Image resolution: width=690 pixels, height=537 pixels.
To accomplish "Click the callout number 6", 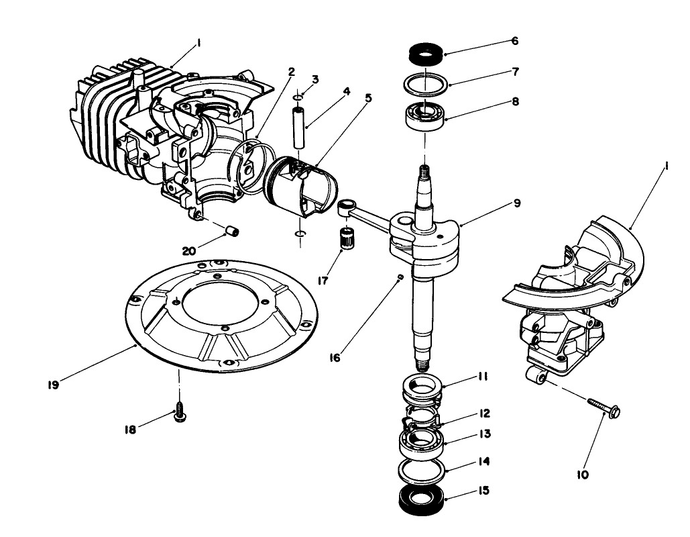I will point(514,40).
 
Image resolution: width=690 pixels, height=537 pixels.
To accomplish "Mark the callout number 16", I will point(335,357).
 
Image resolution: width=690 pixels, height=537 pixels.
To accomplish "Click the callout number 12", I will point(484,413).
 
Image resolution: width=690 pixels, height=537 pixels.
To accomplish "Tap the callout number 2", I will point(292,72).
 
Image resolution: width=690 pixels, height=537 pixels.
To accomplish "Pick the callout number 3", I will point(315,79).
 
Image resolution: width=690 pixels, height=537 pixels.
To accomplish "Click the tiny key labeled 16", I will point(400,275).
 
